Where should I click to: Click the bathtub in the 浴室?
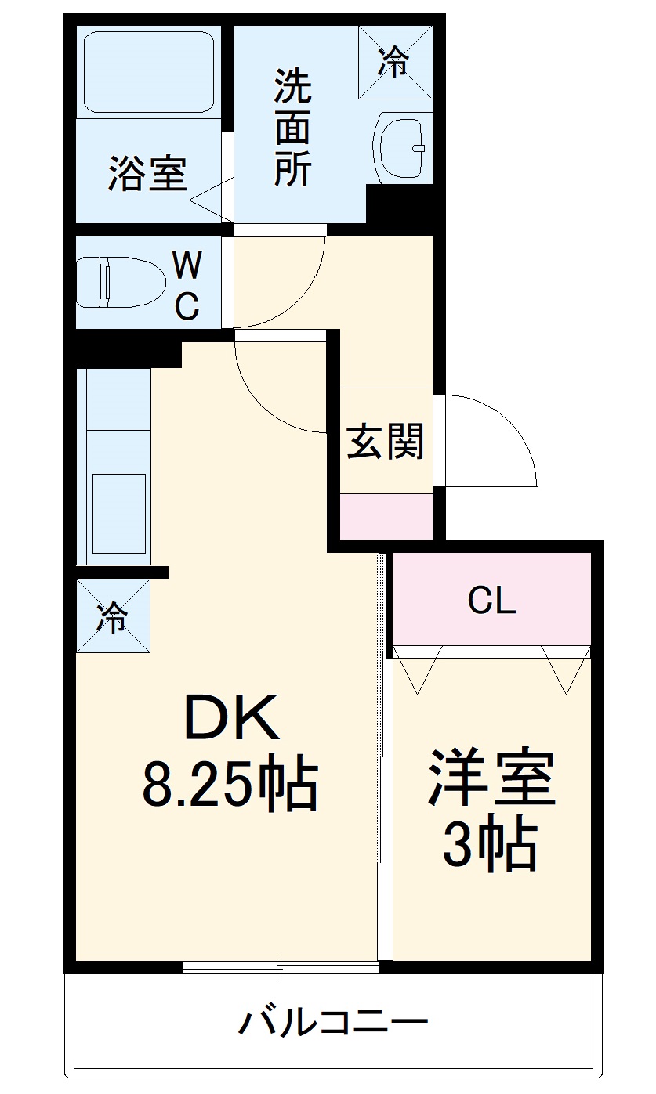point(149,72)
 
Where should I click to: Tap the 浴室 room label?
point(147,173)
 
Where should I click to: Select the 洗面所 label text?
point(292,128)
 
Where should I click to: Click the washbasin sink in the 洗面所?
point(400,148)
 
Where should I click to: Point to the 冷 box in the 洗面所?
point(396,62)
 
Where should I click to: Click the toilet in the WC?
point(121,283)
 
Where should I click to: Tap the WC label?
point(187,285)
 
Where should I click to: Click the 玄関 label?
point(385,442)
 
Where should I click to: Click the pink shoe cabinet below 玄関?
point(386,516)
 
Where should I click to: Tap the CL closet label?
point(491,600)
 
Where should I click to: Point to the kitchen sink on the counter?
point(119,513)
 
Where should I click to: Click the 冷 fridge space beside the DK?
point(114,616)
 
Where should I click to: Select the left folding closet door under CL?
point(418,670)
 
